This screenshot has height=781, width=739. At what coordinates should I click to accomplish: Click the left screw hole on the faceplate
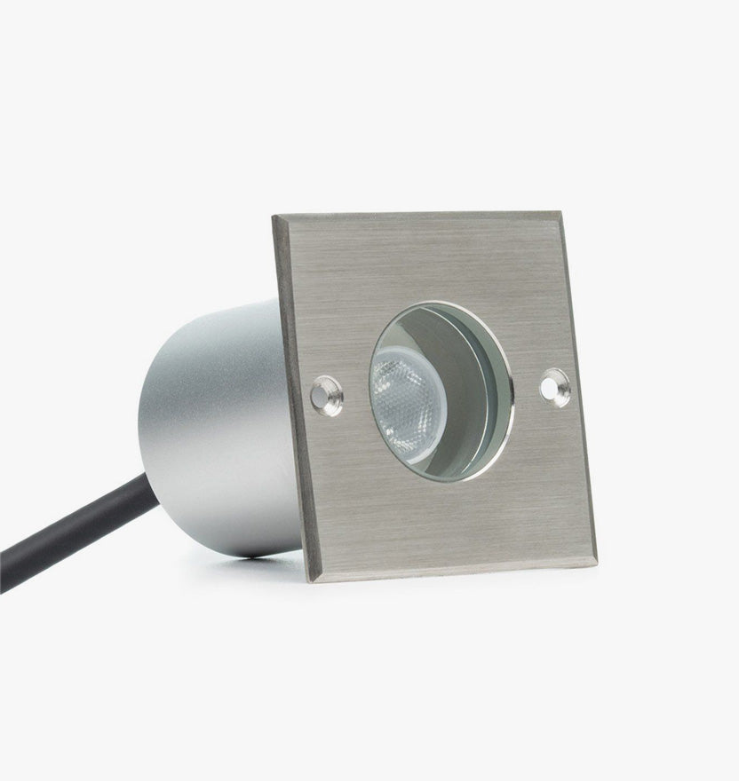pyautogui.click(x=326, y=395)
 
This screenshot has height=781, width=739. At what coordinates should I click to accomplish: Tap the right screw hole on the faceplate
pyautogui.click(x=557, y=388)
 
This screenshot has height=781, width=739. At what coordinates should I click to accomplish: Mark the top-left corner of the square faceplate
pyautogui.click(x=274, y=217)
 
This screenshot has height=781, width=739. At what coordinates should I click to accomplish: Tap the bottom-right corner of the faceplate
pyautogui.click(x=595, y=564)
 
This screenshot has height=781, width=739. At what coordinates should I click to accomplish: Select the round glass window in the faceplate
pyautogui.click(x=441, y=391)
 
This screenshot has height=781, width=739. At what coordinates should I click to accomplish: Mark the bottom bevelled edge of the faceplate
pyautogui.click(x=453, y=573)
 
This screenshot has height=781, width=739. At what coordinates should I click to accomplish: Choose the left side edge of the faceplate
pyautogui.click(x=290, y=399)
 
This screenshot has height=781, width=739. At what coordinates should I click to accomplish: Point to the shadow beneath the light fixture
pyautogui.click(x=266, y=568)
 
